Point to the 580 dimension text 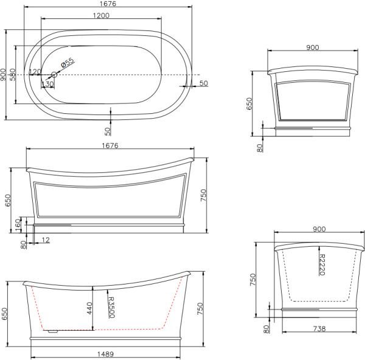[x=14, y=74]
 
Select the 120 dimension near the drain [x=35, y=72]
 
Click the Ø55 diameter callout [x=68, y=62]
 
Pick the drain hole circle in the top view [x=54, y=74]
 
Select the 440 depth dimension [x=88, y=310]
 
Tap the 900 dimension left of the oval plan [x=4, y=74]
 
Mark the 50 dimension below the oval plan [x=108, y=130]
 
